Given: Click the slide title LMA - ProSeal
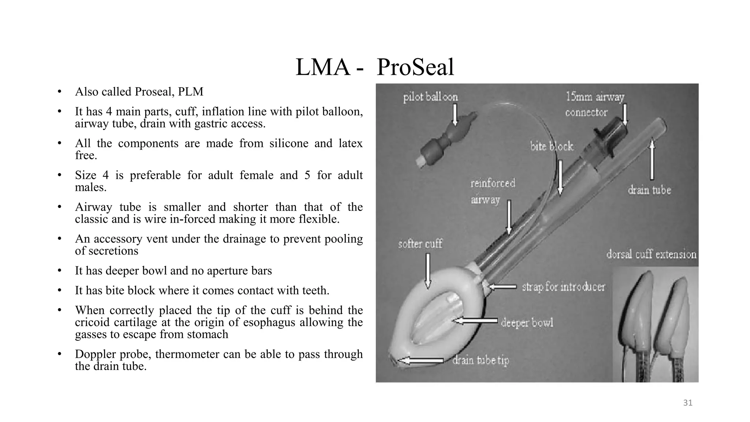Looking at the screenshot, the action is [375, 67].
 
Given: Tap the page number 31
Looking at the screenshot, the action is [688, 403].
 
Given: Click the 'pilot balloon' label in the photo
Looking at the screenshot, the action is [430, 97].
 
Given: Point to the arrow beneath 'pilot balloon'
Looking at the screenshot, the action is [455, 115].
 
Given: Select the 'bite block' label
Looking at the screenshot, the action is [552, 147].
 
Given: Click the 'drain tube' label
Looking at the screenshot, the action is [649, 190].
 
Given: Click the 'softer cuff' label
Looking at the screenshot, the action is [420, 244].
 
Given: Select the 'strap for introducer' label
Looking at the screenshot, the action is [563, 287].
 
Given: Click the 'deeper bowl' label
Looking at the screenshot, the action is [527, 323].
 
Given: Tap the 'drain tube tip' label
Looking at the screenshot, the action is [480, 360].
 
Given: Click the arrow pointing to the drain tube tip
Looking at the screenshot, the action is [421, 361].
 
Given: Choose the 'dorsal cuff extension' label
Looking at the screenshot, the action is [651, 254].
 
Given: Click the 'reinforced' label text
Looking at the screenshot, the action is [493, 183].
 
